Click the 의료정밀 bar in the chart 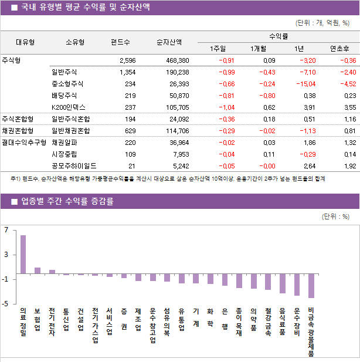click(23, 254)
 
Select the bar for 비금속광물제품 click(311, 286)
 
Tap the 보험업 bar click(38, 270)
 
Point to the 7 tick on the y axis click(5, 230)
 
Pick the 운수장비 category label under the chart click(297, 322)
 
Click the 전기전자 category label click(52, 322)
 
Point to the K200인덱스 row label click(69, 107)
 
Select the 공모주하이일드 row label click(74, 166)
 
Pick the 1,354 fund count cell click(127, 72)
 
